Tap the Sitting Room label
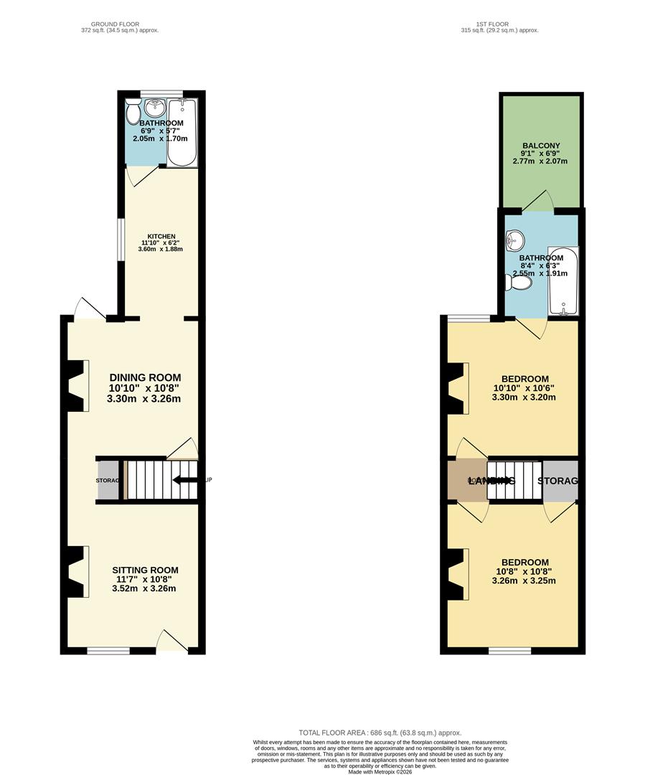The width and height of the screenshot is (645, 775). [144, 570]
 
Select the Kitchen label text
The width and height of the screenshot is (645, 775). [161, 237]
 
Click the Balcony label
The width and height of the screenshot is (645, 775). [541, 146]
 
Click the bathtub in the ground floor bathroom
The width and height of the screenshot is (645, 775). [182, 133]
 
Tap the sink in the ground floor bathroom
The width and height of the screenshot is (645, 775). [154, 108]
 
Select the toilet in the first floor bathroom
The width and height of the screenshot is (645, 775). [519, 283]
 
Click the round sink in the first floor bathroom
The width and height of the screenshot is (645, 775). [514, 238]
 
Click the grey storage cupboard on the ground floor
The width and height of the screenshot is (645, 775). [108, 480]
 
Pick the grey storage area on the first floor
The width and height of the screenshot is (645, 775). [561, 480]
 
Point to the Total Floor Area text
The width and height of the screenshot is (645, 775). [380, 733]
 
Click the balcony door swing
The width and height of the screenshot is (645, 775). [543, 200]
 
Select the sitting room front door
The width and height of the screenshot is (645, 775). [171, 640]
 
